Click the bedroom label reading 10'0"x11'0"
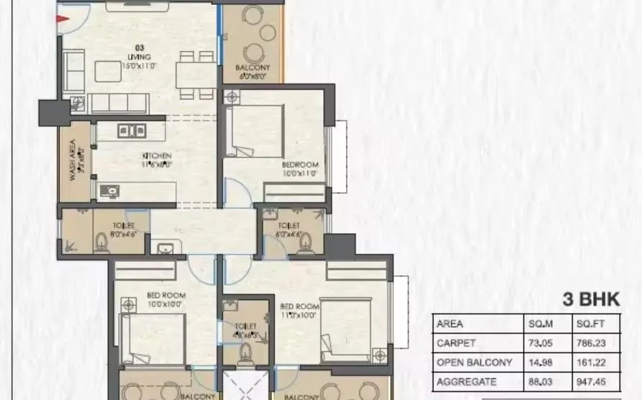tap(299, 169)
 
